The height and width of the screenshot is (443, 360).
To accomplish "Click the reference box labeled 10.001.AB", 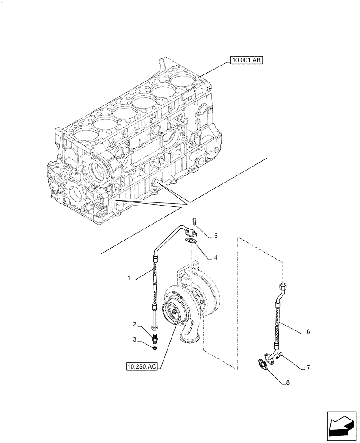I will click(247, 61).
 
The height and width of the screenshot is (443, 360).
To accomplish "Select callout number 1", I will click(129, 278).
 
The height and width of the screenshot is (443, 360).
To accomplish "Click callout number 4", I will click(215, 257).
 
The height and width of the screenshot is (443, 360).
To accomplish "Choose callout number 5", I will click(216, 236).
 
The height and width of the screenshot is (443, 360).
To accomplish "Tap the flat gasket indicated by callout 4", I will click(192, 241).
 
